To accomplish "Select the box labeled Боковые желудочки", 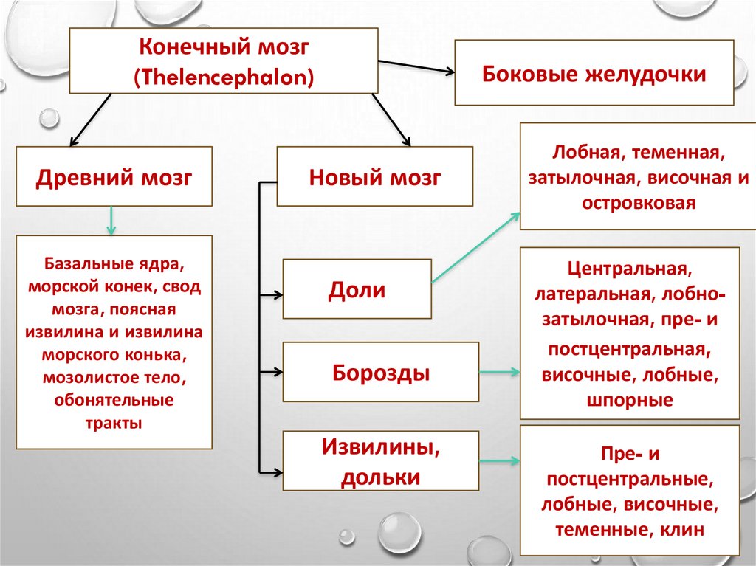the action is click(594, 74).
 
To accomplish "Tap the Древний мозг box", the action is click(114, 177).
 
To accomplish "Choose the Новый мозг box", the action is click(375, 177).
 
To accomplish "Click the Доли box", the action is click(357, 289).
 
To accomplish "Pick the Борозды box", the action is click(381, 373).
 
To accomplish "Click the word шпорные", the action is click(630, 400).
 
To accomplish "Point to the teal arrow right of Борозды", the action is click(500, 373).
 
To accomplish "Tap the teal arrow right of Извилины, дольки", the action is click(500, 461).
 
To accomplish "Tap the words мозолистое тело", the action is click(114, 379).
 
